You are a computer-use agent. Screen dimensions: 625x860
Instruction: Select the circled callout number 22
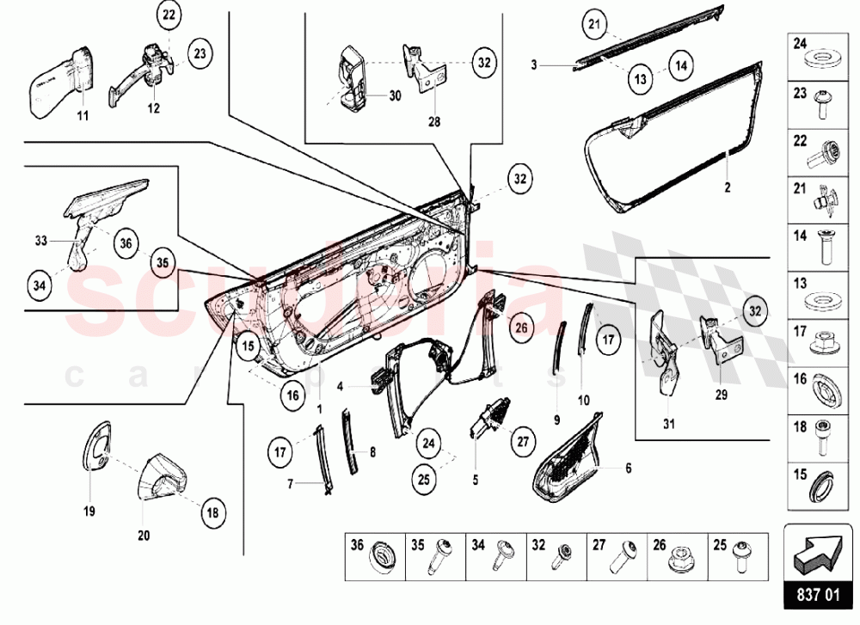tap(169, 15)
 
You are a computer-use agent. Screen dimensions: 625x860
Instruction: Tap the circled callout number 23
tap(200, 53)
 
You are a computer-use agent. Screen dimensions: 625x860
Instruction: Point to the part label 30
tap(395, 96)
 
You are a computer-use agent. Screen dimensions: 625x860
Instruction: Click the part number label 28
tap(433, 121)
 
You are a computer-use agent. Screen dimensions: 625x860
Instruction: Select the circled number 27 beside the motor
tap(522, 444)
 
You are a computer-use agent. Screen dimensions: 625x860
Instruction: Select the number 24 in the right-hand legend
tap(799, 43)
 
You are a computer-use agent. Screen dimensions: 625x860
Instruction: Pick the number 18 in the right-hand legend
tap(799, 426)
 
